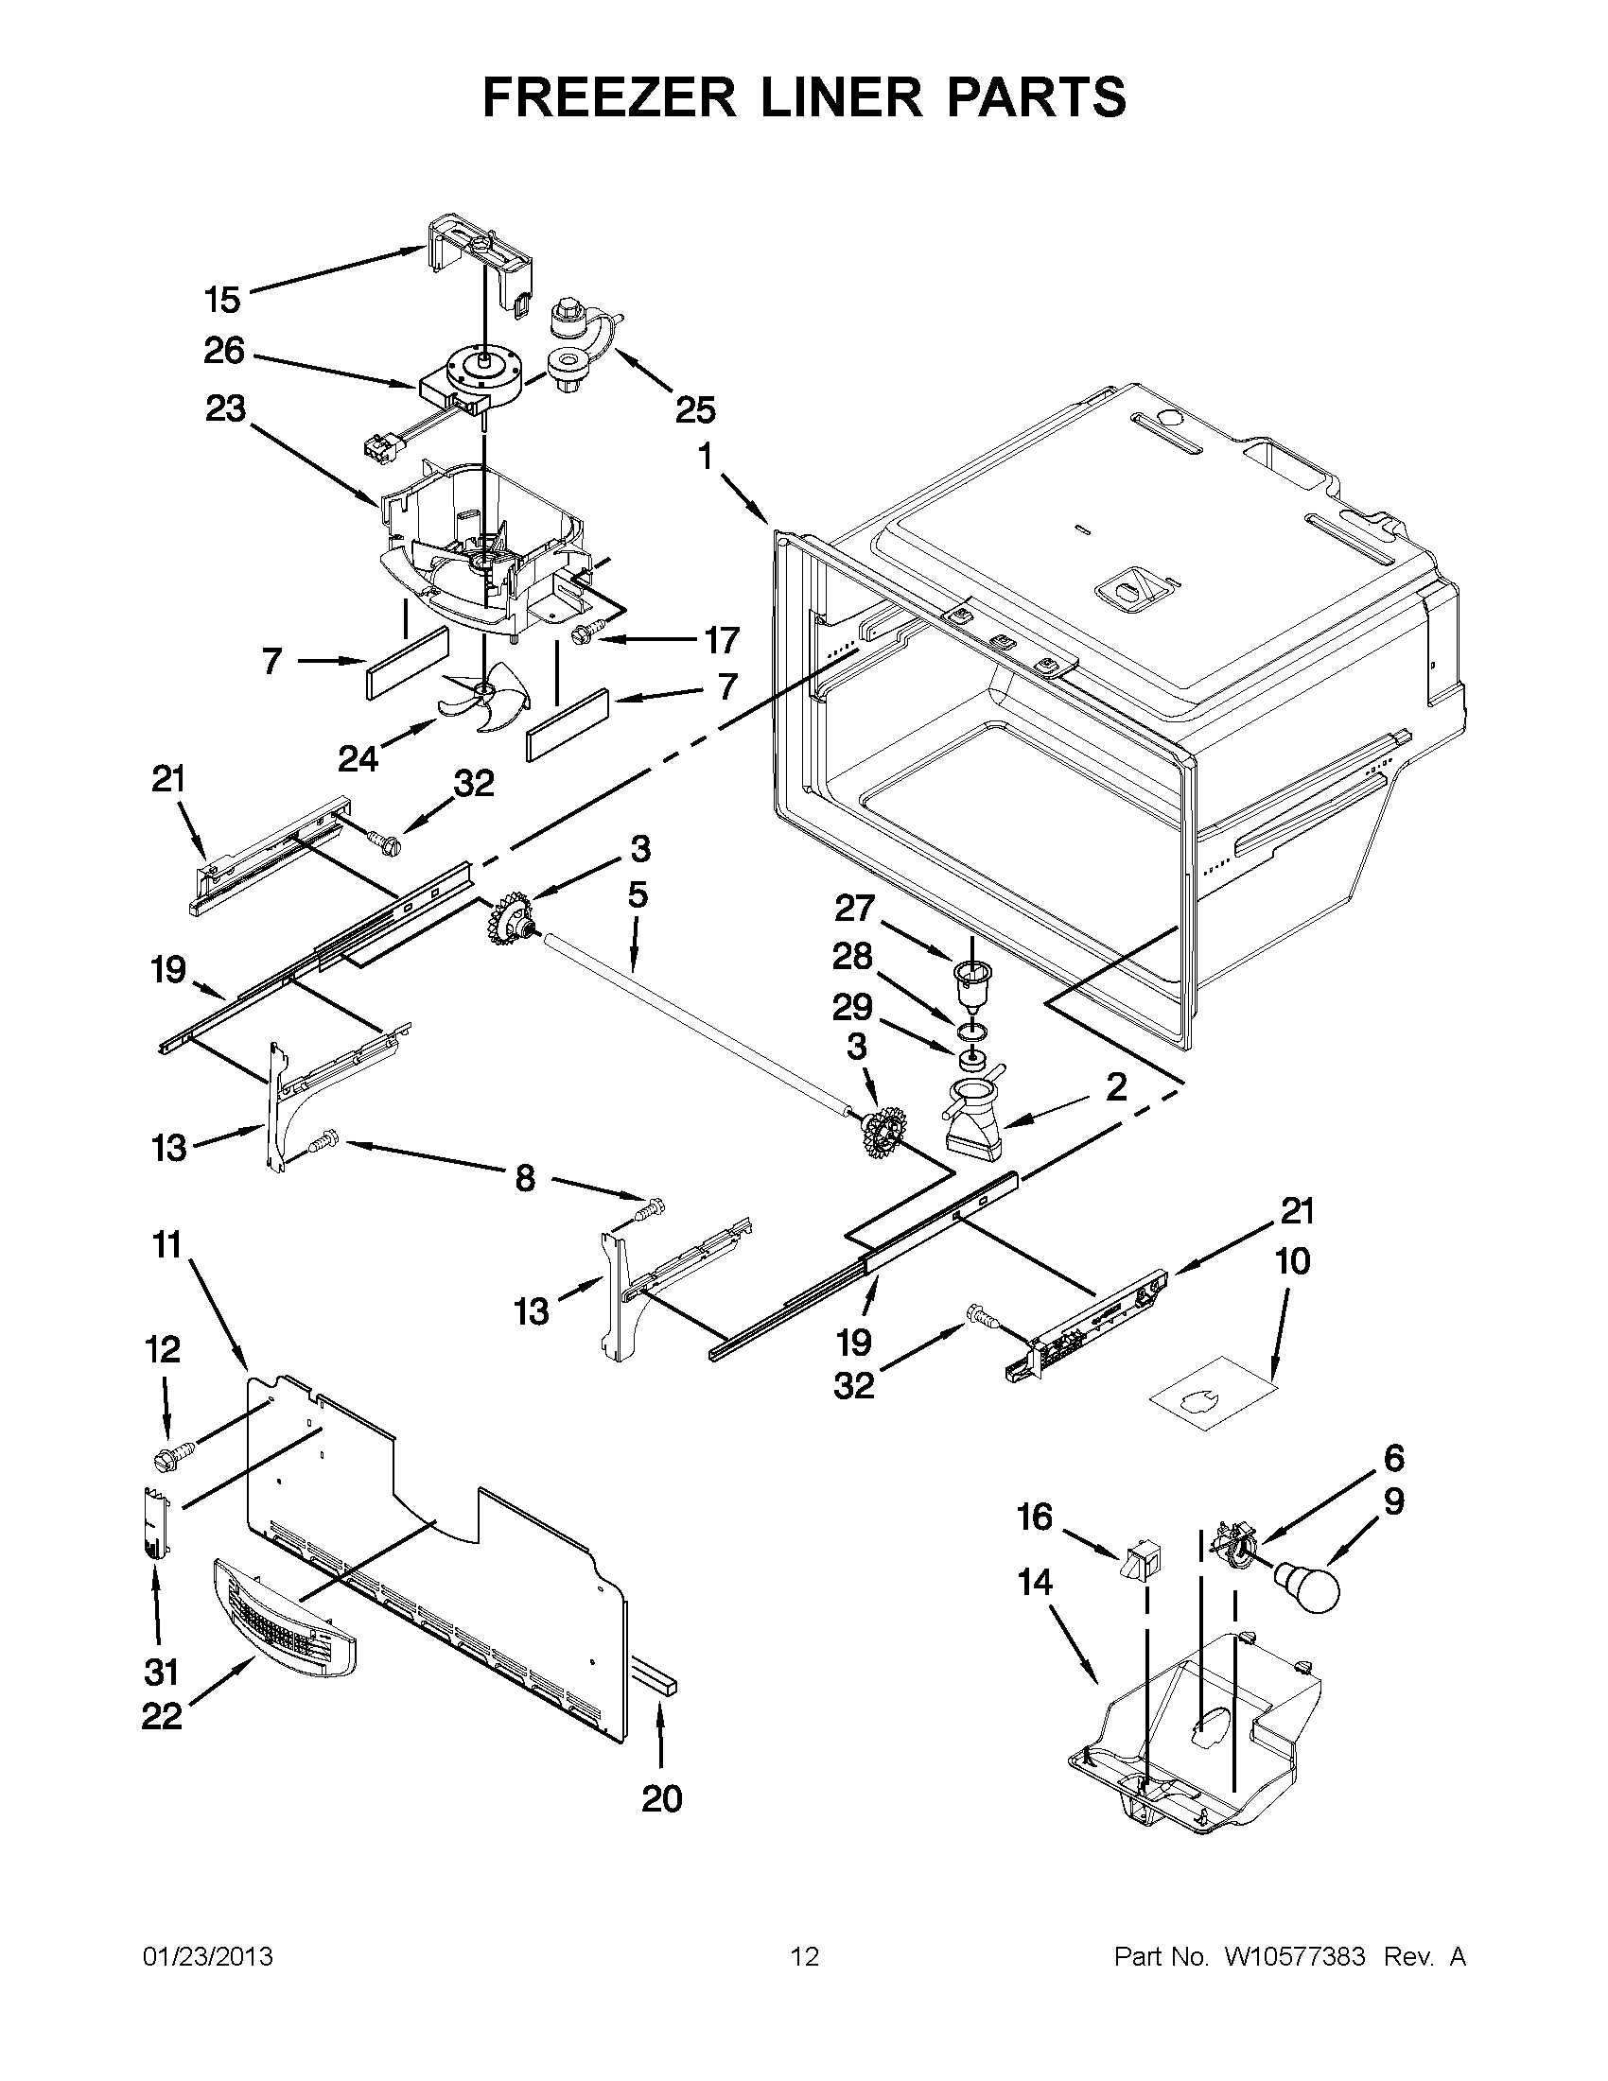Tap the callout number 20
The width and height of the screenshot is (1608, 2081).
pyautogui.click(x=661, y=1799)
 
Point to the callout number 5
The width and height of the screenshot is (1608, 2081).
pyautogui.click(x=638, y=894)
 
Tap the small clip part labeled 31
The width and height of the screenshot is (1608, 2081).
pyautogui.click(x=156, y=1523)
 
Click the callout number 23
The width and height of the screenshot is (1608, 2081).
pyautogui.click(x=225, y=409)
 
